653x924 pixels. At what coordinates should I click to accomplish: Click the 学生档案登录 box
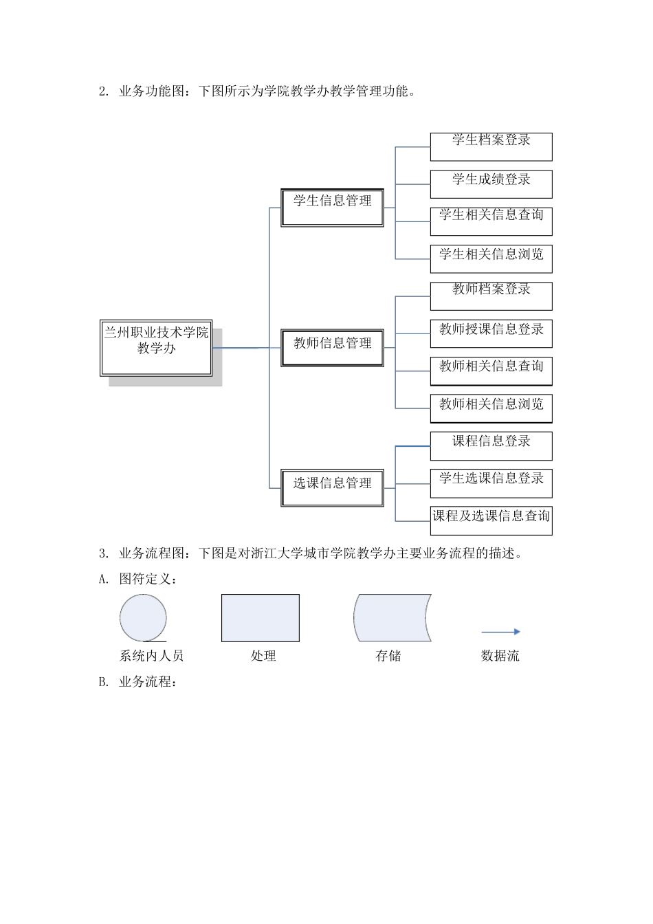coord(491,146)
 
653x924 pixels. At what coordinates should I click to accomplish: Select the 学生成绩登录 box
coord(491,184)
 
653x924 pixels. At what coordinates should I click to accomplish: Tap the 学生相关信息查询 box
coord(491,221)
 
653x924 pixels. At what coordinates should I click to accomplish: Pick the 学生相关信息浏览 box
coord(491,258)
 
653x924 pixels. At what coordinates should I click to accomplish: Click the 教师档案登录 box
coord(491,296)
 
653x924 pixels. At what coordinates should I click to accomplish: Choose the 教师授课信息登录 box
coord(491,333)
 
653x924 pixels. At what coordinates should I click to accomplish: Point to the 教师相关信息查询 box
coord(491,371)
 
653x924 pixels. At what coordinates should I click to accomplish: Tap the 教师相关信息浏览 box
coord(491,408)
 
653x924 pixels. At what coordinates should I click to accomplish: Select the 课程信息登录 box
coord(491,445)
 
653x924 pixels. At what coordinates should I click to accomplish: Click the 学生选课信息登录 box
coord(491,483)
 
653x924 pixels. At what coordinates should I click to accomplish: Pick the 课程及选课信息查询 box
coord(491,520)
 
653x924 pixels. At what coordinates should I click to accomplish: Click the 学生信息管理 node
coord(332,207)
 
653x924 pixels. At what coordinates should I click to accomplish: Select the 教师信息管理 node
coord(332,347)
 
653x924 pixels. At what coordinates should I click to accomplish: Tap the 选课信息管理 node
coord(332,487)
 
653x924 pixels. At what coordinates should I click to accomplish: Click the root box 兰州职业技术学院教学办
coord(156,348)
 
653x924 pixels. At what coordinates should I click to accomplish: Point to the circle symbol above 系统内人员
coord(143,618)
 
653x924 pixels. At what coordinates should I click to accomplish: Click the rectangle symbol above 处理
coord(260,618)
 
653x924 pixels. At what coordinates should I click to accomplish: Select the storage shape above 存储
coord(392,618)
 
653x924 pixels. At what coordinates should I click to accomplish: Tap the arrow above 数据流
coord(500,631)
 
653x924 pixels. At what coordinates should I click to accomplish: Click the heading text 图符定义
coord(148,579)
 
